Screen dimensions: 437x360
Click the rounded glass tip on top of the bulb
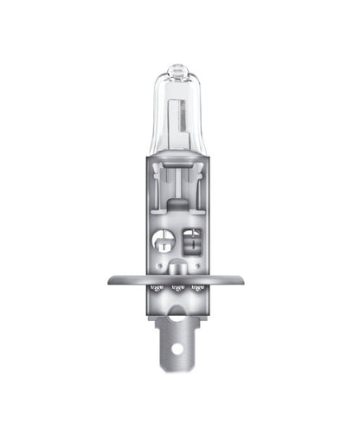point(177,67)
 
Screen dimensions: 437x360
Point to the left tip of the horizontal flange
point(108,280)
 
